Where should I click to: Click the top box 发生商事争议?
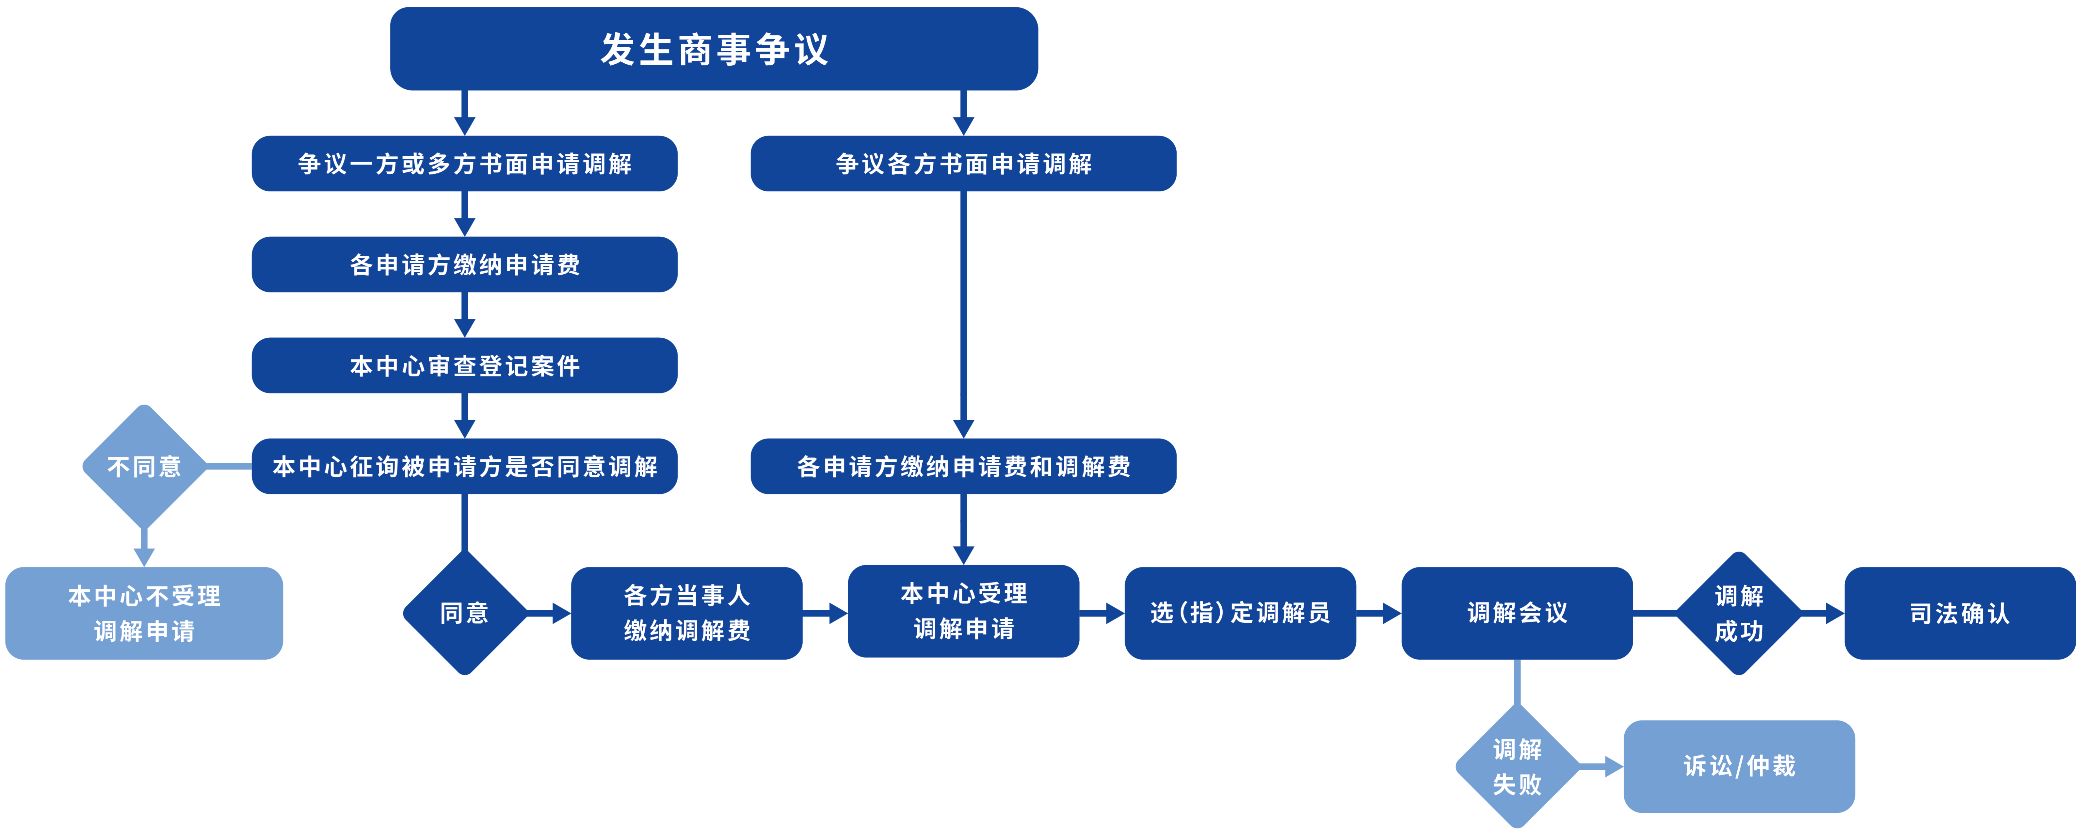click(713, 49)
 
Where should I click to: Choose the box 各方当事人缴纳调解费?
click(686, 613)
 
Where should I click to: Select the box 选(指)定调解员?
click(1240, 613)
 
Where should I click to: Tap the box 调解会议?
click(1517, 613)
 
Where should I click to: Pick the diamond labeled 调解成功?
click(1739, 613)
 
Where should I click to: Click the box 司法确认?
click(1960, 613)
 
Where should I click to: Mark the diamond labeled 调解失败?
click(1517, 766)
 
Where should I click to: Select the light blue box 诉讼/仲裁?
click(1739, 766)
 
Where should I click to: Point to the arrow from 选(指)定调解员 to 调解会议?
click(1379, 613)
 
